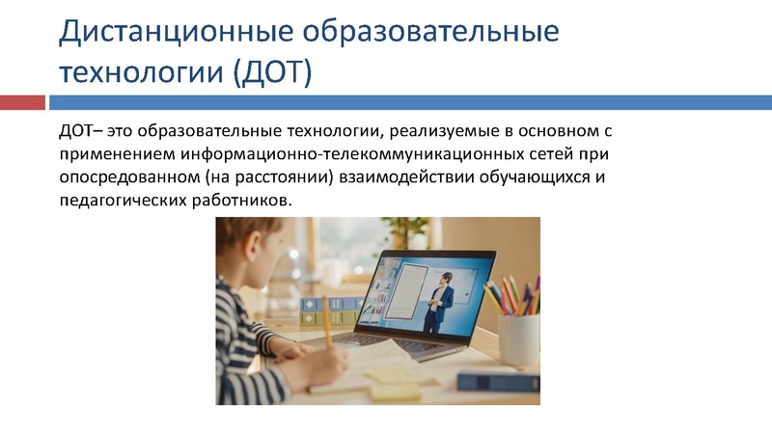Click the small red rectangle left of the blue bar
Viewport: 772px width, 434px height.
(x=22, y=102)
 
